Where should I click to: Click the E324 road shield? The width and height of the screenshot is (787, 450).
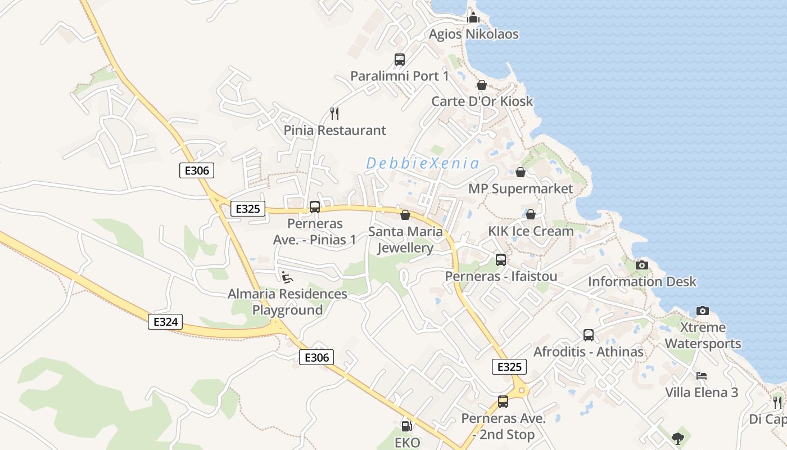click(165, 322)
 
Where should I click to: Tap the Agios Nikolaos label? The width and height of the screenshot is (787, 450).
click(473, 34)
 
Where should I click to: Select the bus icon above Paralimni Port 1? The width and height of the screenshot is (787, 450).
click(400, 59)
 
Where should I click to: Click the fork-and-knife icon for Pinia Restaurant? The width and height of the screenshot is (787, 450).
click(335, 114)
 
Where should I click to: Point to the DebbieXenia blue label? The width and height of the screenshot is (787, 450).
click(423, 164)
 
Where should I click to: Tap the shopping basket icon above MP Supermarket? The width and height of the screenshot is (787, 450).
click(521, 172)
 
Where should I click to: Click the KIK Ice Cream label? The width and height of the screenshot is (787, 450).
click(531, 231)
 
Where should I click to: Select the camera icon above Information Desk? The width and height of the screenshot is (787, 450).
click(642, 265)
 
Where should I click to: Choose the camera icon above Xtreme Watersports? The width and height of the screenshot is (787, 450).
click(703, 310)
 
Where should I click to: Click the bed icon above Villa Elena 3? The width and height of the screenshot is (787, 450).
click(702, 376)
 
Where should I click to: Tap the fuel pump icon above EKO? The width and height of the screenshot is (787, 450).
click(407, 426)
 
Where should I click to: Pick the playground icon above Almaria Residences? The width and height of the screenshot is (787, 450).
click(287, 277)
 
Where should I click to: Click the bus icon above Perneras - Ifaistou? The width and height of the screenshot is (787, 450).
click(501, 260)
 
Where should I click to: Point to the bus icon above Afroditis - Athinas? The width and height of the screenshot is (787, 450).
click(589, 335)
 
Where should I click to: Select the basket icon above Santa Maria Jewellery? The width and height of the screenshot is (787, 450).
click(405, 215)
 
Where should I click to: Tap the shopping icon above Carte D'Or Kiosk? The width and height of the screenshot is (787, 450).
click(482, 85)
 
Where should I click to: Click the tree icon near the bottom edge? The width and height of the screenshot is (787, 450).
click(679, 438)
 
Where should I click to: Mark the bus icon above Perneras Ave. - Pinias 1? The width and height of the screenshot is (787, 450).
click(315, 206)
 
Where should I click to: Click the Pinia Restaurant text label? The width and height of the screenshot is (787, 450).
click(335, 130)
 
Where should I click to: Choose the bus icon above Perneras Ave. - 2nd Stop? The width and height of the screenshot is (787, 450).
click(503, 402)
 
